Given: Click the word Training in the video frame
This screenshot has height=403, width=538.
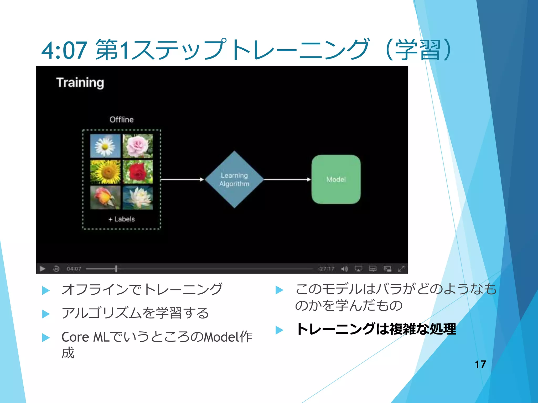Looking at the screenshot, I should point(80,83).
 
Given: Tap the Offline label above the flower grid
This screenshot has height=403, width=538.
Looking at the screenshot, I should point(121,120).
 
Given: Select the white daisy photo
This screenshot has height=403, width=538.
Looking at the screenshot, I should point(105,146).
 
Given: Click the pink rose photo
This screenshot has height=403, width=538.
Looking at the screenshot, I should point(138,146).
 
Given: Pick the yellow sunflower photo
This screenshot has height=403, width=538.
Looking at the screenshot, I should point(105,172).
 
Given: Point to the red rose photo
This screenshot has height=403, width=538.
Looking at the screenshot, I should point(138,172).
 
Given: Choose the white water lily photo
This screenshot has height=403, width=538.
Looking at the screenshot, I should point(138,198).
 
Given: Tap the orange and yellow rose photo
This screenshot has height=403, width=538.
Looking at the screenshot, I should point(105,198).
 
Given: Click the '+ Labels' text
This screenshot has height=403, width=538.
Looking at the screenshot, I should point(122,219).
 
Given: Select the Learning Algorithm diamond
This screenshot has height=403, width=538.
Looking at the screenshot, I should point(234,179).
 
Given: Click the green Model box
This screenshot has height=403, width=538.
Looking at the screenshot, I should point(336,179).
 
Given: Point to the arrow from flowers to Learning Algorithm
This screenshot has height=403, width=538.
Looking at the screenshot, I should point(182,179).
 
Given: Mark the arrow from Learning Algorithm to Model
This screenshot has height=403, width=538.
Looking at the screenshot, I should point(287,179).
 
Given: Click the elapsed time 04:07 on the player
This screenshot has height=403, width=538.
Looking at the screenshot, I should point(74,269).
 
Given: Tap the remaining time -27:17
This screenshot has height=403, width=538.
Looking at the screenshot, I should point(326,269).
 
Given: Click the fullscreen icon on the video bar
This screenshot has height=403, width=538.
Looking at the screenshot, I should point(401,269).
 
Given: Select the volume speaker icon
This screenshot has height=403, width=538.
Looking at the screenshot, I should point(344,269).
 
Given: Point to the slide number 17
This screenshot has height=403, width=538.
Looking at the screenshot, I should point(480,364).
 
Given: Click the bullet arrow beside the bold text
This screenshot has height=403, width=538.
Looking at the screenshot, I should point(279,330).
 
